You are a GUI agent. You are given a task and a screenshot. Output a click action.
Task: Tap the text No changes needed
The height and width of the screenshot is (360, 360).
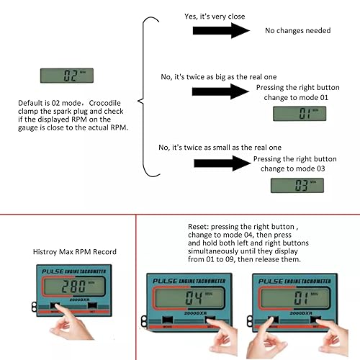(x=297, y=31)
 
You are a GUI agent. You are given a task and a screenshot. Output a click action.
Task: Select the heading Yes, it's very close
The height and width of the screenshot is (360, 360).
(x=229, y=14)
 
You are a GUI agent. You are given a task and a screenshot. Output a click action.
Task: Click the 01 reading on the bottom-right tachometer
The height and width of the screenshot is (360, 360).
(x=292, y=297)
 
